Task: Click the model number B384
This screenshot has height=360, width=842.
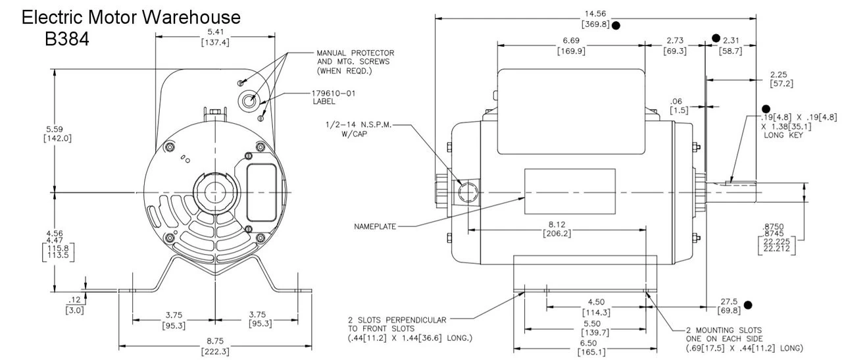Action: tap(66, 39)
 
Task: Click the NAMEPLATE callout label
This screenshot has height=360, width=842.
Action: tap(376, 226)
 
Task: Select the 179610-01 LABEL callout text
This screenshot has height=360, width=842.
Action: tap(334, 97)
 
